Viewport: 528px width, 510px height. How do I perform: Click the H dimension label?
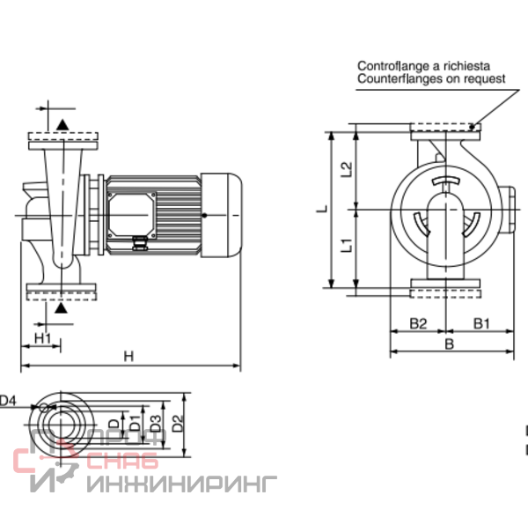[x=128, y=356]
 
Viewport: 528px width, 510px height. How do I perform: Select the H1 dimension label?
[x=43, y=337]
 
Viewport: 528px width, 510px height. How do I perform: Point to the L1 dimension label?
[x=347, y=246]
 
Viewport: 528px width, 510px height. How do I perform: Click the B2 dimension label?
[x=418, y=323]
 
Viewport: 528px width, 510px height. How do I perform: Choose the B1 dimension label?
[x=481, y=323]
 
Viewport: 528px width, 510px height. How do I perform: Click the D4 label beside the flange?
[x=7, y=401]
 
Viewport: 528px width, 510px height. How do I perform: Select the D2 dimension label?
[x=178, y=424]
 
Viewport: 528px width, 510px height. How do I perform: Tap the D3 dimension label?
[x=156, y=424]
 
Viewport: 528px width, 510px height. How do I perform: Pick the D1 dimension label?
[x=135, y=424]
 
